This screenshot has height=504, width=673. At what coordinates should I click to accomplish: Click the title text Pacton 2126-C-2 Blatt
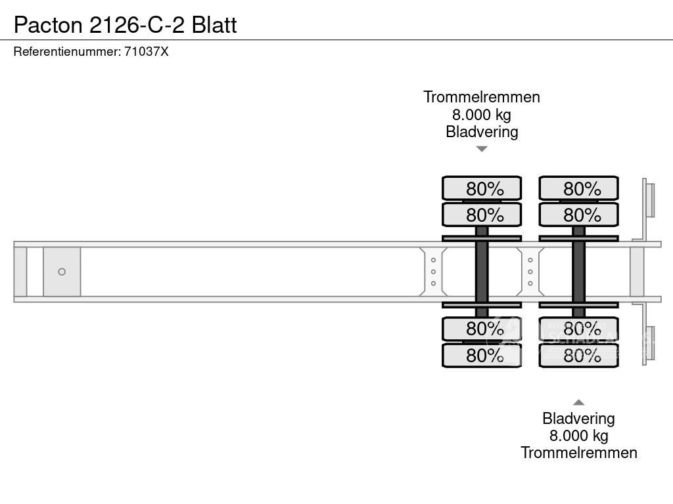(125, 25)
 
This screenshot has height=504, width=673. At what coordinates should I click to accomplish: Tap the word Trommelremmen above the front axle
(482, 97)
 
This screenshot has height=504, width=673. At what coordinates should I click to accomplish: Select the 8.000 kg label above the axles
(482, 114)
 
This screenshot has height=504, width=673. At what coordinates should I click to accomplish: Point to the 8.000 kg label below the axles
(578, 436)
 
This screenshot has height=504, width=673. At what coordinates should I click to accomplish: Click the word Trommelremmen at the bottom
(578, 453)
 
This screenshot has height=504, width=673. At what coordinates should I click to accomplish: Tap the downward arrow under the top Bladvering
(482, 149)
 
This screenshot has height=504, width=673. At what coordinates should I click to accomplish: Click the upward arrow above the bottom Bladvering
(578, 402)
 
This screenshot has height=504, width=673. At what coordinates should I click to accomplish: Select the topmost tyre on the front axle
(482, 188)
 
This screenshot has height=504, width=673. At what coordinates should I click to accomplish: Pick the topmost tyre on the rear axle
(578, 188)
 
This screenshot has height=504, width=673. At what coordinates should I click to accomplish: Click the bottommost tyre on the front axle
(482, 356)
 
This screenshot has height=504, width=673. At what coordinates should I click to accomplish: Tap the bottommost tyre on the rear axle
(578, 356)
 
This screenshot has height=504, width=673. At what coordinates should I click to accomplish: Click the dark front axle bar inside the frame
(482, 272)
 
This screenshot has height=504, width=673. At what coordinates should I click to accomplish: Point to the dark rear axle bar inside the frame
(578, 272)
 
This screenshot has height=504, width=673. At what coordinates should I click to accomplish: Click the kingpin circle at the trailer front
(62, 272)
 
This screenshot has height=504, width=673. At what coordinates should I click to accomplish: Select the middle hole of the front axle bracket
(434, 272)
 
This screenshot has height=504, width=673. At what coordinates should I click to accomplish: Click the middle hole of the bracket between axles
(530, 272)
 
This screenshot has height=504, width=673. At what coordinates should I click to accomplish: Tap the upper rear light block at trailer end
(649, 199)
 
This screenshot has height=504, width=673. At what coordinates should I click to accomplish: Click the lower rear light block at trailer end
(649, 343)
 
